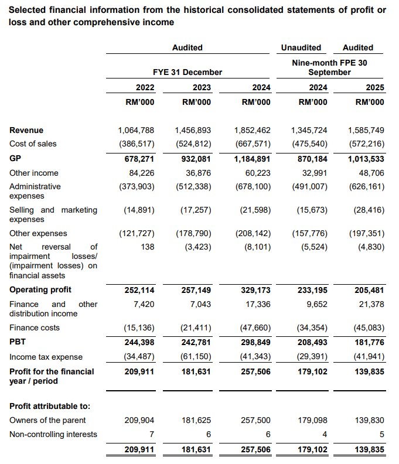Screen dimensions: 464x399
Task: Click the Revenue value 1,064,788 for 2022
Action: coord(137,130)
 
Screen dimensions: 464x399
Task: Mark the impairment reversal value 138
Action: coord(147,247)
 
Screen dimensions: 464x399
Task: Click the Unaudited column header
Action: coord(301,47)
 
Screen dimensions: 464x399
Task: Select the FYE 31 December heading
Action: coord(187,72)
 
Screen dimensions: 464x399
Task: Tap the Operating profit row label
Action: coord(40,290)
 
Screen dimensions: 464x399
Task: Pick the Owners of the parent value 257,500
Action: coord(256,420)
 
